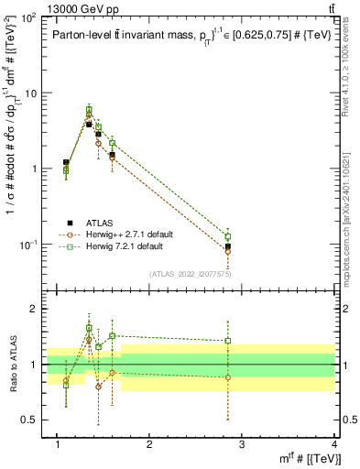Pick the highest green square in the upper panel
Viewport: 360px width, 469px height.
point(89,110)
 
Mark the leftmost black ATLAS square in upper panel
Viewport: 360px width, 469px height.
point(66,162)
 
